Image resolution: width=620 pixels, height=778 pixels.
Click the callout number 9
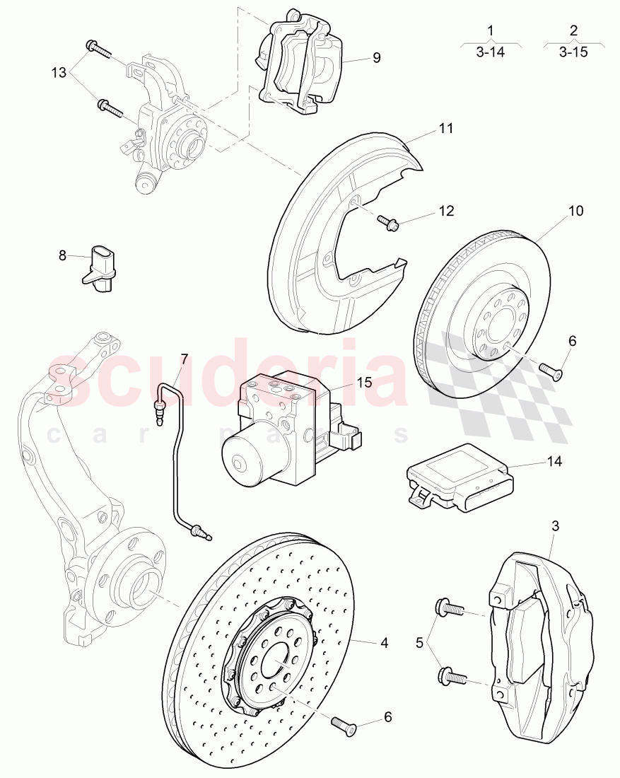(x=376, y=57)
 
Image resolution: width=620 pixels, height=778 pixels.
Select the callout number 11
(x=445, y=129)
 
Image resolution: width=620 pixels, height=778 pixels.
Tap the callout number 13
(x=59, y=73)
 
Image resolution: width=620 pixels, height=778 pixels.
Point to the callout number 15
(x=363, y=382)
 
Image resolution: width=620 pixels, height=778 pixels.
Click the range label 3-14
(x=490, y=52)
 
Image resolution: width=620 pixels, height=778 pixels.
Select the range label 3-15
(x=573, y=52)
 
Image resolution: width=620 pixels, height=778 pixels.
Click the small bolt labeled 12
(x=389, y=223)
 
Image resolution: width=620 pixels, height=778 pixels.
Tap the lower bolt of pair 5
(x=452, y=675)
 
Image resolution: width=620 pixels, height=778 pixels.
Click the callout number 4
(x=384, y=643)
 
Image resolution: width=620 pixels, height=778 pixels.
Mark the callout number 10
(x=575, y=211)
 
